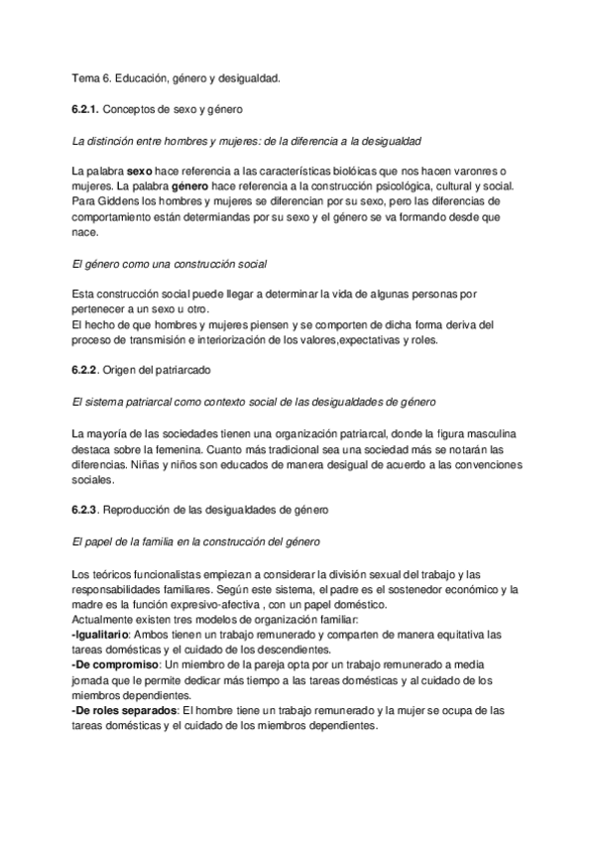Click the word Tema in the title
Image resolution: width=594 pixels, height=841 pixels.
tap(87, 77)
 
